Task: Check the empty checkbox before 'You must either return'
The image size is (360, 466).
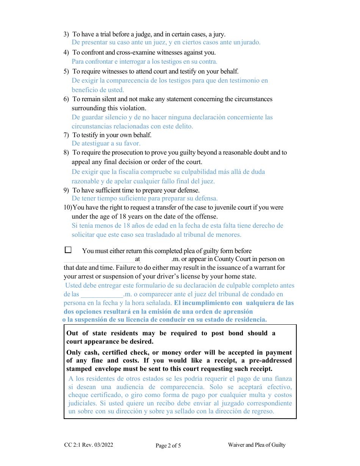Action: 68,250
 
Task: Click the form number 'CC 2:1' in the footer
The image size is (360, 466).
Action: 72,445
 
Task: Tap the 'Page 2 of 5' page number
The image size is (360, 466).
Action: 168,446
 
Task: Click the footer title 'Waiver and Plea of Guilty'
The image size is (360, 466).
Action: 257,445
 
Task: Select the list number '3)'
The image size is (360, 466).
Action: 66,34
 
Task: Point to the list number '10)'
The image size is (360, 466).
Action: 67,208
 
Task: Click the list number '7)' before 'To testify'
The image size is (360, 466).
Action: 66,135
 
